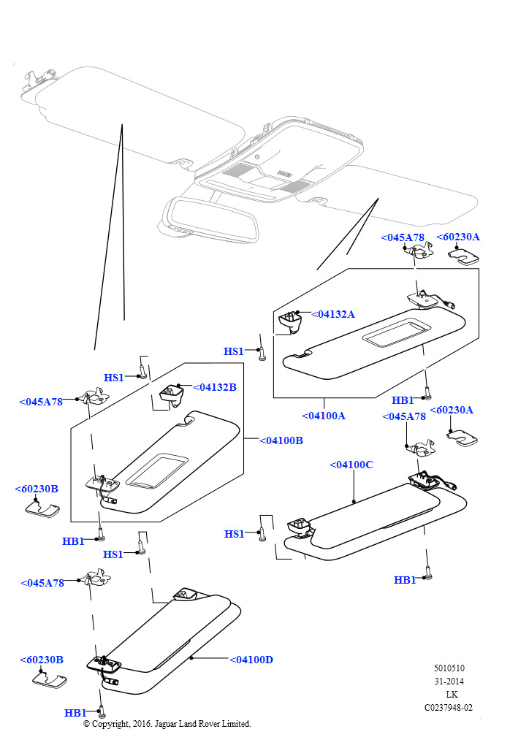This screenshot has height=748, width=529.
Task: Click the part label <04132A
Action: point(333,314)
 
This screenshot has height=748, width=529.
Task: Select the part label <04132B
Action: point(215,387)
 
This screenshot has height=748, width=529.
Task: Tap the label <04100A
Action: point(324,416)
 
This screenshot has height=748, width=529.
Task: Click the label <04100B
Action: point(281,440)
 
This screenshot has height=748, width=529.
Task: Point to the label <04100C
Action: point(351,465)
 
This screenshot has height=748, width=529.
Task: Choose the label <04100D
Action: point(251,660)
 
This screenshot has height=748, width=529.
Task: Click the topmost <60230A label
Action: point(458,237)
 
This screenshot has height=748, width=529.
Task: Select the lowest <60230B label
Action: point(42,660)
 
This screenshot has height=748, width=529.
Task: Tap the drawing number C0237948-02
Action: point(449,707)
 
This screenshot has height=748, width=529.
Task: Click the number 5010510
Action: point(449,668)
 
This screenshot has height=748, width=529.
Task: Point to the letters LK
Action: point(452,694)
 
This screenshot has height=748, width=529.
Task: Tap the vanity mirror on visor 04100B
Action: point(156,469)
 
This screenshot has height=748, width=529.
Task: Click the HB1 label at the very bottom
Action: point(75,713)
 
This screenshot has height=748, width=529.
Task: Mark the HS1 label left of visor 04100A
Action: point(234,351)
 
